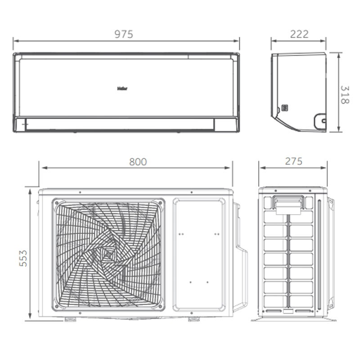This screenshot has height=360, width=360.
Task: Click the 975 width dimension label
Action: pyautogui.click(x=124, y=34)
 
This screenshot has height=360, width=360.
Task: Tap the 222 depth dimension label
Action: pyautogui.click(x=299, y=34)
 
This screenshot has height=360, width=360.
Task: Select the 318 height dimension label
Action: pyautogui.click(x=345, y=95)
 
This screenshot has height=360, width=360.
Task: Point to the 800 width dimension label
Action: pyautogui.click(x=138, y=162)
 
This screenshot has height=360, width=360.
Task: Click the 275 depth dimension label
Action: pyautogui.click(x=294, y=162)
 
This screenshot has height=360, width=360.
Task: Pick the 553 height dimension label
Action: pyautogui.click(x=23, y=258)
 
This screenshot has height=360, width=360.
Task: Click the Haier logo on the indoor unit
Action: pyautogui.click(x=122, y=89)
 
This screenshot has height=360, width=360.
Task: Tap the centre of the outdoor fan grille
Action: pyautogui.click(x=108, y=254)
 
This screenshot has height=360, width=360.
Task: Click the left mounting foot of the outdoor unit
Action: pyautogui.click(x=70, y=319)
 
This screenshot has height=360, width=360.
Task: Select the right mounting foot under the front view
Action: pyautogui.click(x=194, y=319)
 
